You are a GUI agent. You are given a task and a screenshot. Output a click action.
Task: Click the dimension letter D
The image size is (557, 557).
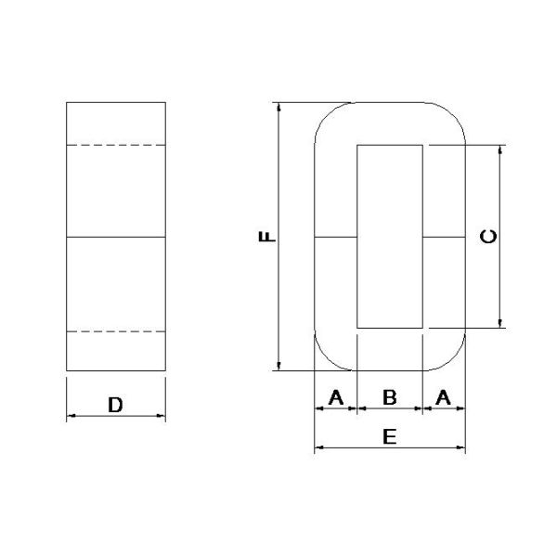(x=115, y=405)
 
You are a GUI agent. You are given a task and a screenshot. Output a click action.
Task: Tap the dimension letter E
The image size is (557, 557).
(x=390, y=436)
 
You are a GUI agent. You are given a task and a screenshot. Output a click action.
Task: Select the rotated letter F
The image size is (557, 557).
(x=267, y=236)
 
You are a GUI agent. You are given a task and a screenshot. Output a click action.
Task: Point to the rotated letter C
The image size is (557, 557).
(x=488, y=237)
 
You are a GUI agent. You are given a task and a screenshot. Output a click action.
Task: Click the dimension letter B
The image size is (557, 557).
(x=390, y=397)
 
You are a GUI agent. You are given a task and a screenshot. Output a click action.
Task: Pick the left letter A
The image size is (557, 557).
(x=336, y=397)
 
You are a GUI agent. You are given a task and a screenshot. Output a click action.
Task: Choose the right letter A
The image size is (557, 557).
(x=444, y=397)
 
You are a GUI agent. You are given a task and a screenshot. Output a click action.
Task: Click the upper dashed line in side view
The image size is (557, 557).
(x=116, y=145)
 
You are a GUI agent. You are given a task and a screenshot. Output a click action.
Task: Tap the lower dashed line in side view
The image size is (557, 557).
(x=116, y=331)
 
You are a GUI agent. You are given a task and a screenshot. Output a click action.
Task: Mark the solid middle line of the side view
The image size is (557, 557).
(x=116, y=237)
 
